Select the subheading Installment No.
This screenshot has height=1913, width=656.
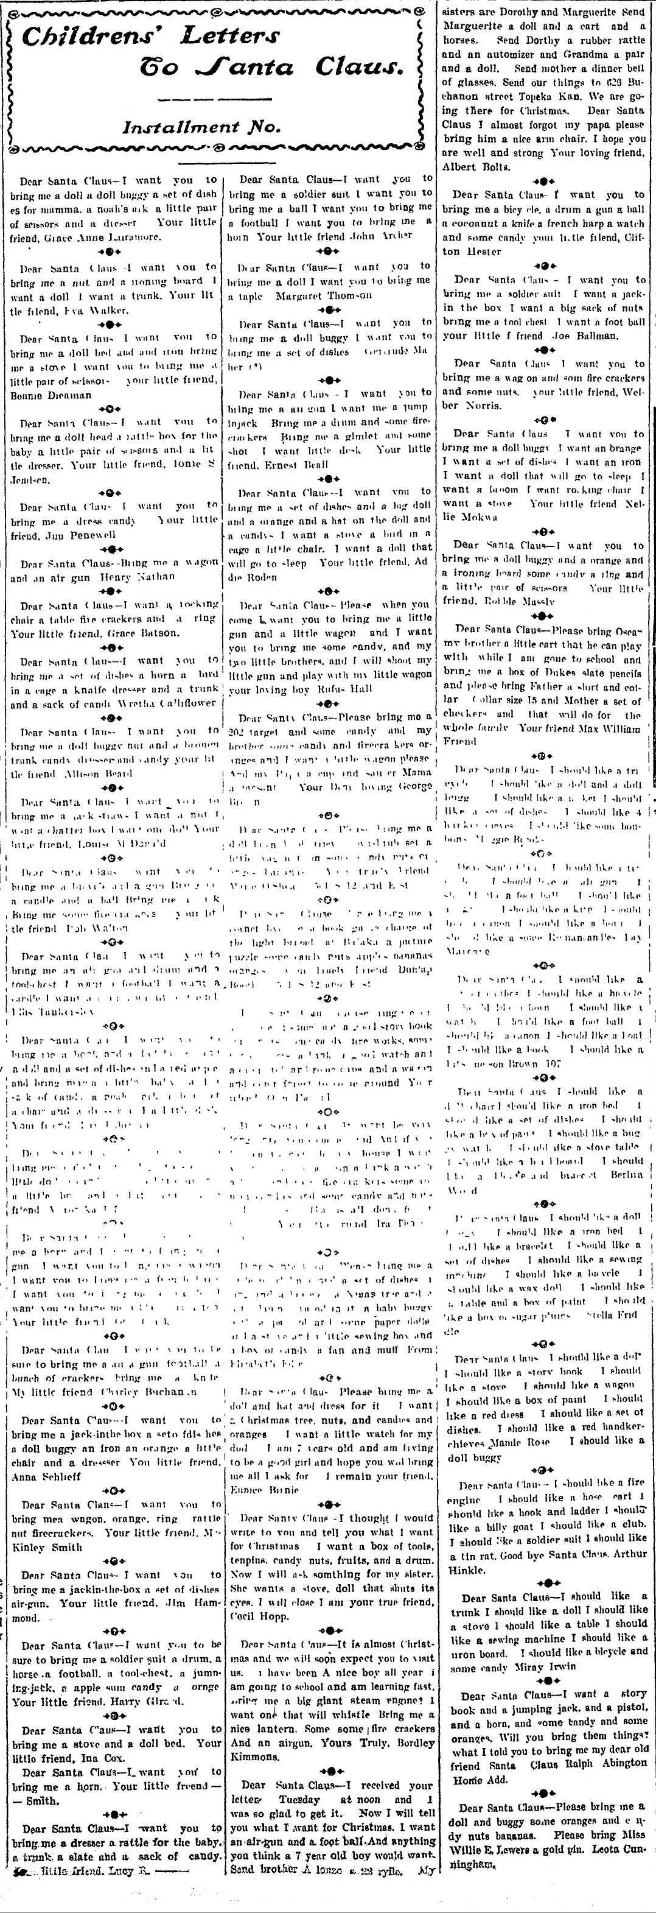[201, 127]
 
